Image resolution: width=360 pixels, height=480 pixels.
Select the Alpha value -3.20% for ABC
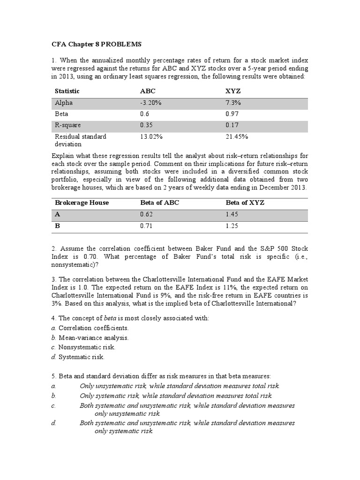pos(150,103)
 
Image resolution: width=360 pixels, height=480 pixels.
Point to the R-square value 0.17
pos(232,126)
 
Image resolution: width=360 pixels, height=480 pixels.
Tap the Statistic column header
pos(67,91)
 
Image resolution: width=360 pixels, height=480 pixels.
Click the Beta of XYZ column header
pos(245,202)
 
